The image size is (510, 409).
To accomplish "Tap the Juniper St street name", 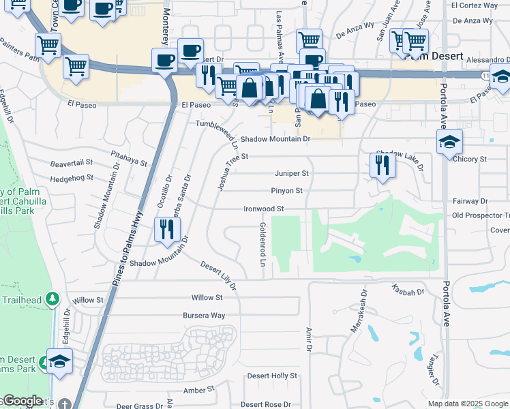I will tap(292, 174).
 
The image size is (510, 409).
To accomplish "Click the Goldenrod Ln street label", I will tap(262, 243).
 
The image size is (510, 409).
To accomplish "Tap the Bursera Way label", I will tap(203, 316).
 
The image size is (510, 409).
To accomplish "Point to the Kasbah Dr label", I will tap(408, 292).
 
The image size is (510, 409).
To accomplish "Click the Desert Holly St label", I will tap(272, 376).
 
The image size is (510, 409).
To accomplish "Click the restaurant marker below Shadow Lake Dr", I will tap(382, 165).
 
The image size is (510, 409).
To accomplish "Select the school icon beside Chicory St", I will tap(450, 142).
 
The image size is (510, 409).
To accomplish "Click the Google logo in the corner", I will tap(22, 401).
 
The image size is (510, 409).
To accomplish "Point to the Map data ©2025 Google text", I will tap(468, 404).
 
